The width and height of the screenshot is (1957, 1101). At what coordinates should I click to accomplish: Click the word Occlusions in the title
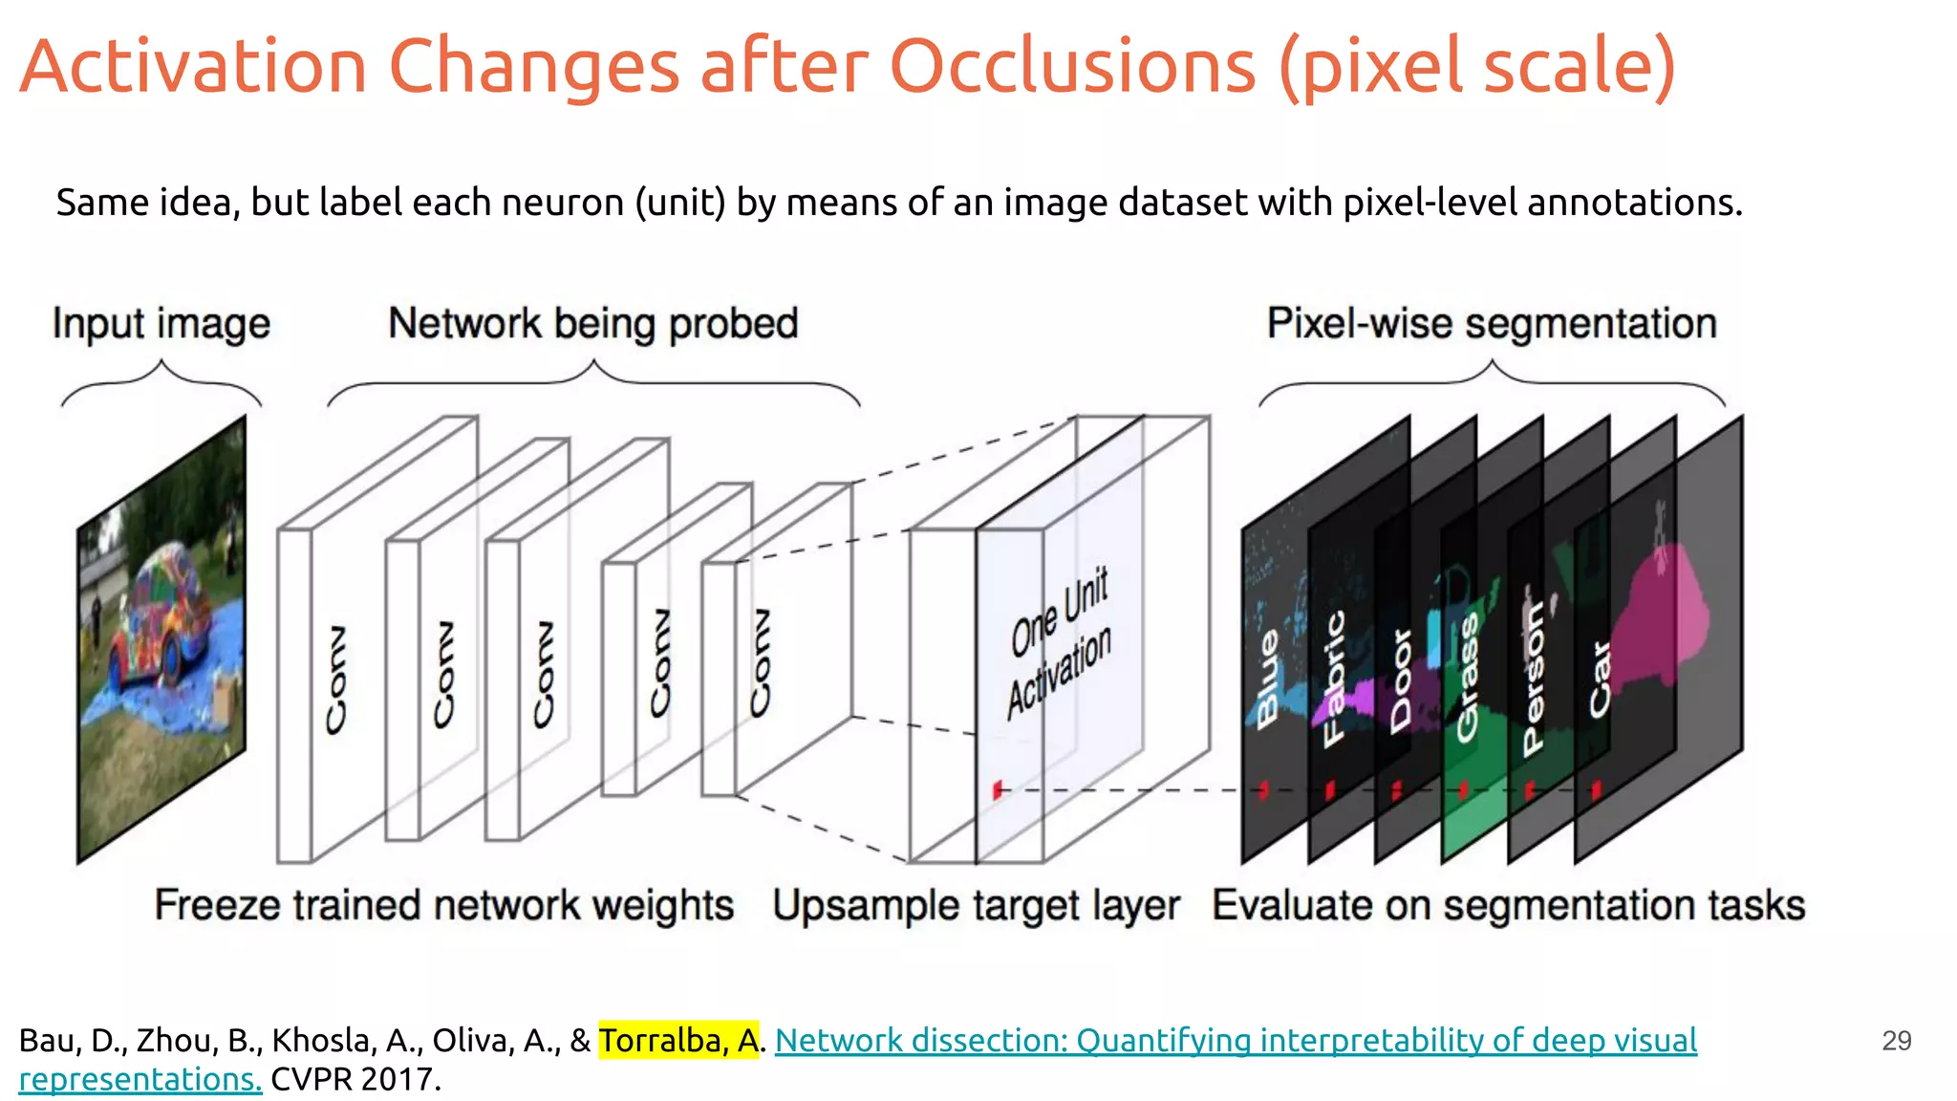[x=1072, y=67]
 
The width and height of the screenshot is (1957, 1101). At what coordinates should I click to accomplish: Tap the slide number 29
[x=1896, y=1041]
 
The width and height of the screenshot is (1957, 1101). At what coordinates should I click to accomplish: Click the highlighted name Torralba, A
[x=678, y=1040]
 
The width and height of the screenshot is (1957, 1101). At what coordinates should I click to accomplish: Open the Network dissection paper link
[x=1236, y=1040]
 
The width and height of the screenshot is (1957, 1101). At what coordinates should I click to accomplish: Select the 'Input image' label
[x=161, y=324]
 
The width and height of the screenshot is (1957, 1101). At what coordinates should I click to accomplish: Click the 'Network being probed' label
[x=592, y=324]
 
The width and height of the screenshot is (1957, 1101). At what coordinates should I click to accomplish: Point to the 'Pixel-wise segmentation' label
[x=1492, y=324]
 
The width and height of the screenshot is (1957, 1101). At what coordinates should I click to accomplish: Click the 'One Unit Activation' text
[x=1060, y=642]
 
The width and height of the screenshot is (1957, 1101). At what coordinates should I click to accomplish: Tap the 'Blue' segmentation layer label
[x=1268, y=679]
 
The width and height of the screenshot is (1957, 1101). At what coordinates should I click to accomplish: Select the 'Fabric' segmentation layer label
[x=1334, y=679]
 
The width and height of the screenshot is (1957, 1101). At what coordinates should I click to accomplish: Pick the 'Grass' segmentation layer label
[x=1467, y=679]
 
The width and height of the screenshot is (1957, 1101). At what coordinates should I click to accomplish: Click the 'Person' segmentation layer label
[x=1533, y=679]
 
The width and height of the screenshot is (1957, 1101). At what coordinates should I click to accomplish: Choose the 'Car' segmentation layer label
[x=1600, y=679]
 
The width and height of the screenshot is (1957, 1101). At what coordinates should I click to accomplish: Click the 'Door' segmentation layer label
[x=1401, y=680]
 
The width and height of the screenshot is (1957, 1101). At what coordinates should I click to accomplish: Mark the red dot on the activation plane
[x=997, y=790]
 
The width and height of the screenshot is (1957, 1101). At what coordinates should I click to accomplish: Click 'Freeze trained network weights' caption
[x=444, y=905]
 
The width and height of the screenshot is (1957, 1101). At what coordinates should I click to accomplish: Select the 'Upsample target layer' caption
[x=976, y=905]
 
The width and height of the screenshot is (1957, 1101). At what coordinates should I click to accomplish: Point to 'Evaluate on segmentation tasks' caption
[x=1509, y=905]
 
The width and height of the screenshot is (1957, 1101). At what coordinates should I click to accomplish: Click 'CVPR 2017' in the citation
[x=355, y=1080]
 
